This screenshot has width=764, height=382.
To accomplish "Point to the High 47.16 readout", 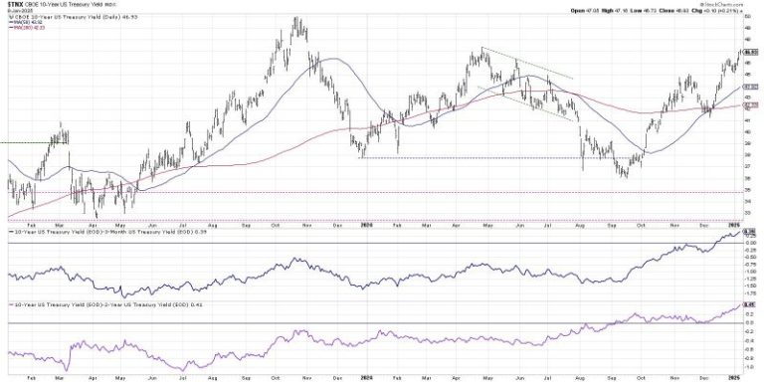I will (x=610, y=11).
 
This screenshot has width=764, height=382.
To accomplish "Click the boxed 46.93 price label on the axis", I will (x=752, y=52).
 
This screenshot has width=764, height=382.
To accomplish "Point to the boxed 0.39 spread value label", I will (x=752, y=233).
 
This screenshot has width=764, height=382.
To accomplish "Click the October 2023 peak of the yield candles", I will (x=295, y=20).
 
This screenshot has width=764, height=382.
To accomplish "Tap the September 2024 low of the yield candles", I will (x=625, y=176).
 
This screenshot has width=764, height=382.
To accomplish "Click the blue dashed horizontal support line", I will (x=477, y=157).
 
